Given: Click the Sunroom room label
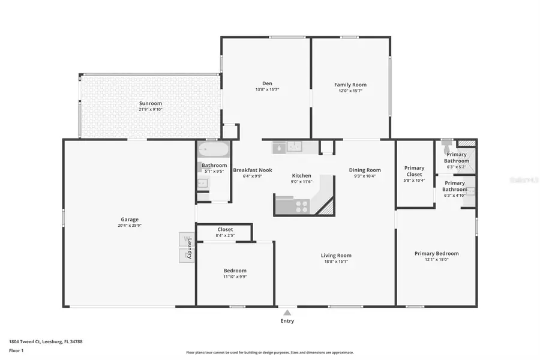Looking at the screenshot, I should tap(151, 103).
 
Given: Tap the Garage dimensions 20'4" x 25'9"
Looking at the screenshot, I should tap(130, 226).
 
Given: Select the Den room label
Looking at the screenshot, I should tap(267, 83).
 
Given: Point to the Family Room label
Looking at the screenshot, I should tap(350, 85).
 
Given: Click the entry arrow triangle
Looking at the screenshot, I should tap(287, 313).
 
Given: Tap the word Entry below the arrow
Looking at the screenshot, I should tap(287, 321).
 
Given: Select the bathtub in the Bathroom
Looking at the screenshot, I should tap(213, 149).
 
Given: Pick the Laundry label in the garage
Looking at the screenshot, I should tap(190, 247).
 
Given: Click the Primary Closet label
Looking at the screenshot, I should tap(415, 171).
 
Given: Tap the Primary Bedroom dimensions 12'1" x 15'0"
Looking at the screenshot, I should tap(436, 260).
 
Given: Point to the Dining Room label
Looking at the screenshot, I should tap(365, 170).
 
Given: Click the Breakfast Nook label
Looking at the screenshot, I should tap(252, 170).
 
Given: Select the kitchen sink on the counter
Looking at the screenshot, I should tap(294, 146).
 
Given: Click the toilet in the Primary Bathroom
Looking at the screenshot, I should tap(446, 144).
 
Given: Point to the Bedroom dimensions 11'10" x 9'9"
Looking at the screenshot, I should tap(235, 277).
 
